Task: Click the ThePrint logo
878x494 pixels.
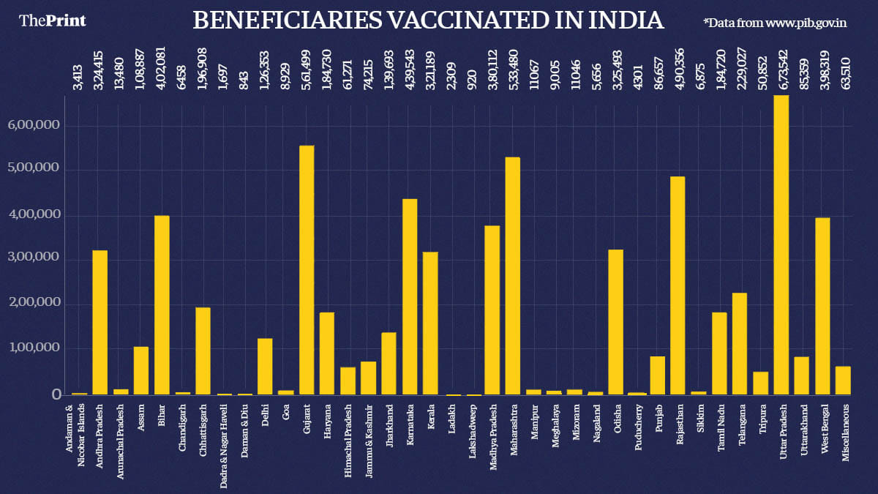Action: pyautogui.click(x=53, y=20)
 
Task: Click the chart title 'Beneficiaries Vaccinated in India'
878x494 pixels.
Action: pyautogui.click(x=428, y=20)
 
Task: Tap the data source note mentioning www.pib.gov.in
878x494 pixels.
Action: pyautogui.click(x=775, y=23)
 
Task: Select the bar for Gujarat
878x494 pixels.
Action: pyautogui.click(x=307, y=270)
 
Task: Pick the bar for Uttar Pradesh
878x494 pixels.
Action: pyautogui.click(x=781, y=245)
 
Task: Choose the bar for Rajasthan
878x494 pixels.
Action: pyautogui.click(x=678, y=285)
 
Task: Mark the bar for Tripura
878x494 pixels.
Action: pyautogui.click(x=761, y=383)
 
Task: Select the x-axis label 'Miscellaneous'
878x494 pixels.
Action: pyautogui.click(x=844, y=436)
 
